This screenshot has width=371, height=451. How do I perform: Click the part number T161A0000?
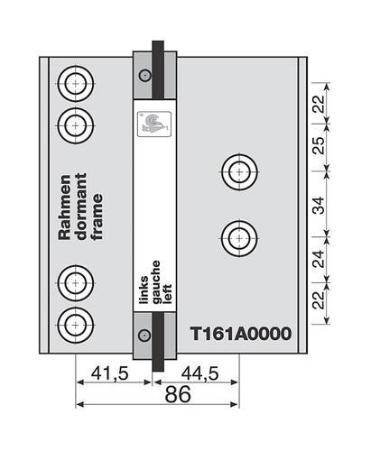click(x=241, y=334)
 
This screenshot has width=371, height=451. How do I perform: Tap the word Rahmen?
click(x=65, y=207)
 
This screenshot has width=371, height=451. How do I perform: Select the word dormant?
click(x=81, y=207)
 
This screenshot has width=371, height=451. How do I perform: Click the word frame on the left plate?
click(x=97, y=216)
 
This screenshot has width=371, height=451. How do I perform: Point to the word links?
click(x=144, y=290)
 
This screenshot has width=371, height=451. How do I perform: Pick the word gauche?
click(x=156, y=282)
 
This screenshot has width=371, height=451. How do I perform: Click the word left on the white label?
click(x=167, y=294)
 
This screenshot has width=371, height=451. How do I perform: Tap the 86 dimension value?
click(x=178, y=394)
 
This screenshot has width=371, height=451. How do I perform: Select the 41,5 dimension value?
click(x=109, y=374)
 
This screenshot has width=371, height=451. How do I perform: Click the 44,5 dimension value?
click(x=199, y=374)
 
